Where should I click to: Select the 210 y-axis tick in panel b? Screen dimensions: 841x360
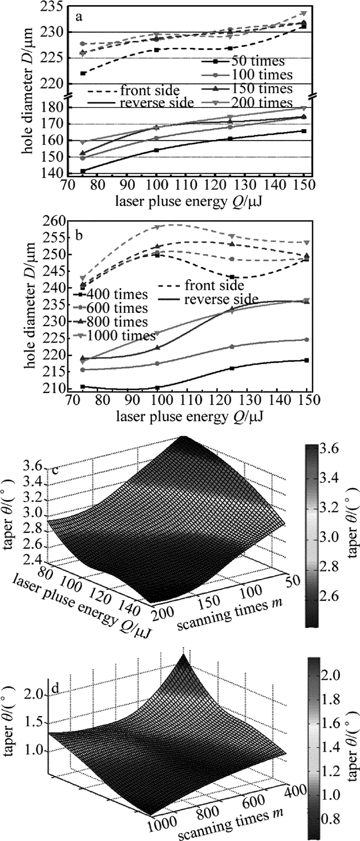(x=51, y=389)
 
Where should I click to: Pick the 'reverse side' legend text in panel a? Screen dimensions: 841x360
(x=156, y=103)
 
